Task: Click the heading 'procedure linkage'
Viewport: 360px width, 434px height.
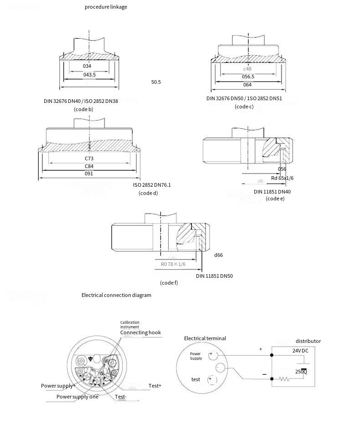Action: pos(106,7)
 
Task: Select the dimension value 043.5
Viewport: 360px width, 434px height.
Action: pos(89,75)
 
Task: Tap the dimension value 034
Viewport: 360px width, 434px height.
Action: pos(87,66)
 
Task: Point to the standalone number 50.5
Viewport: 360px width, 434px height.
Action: pos(156,82)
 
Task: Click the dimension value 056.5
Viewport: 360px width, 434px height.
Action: pos(248,77)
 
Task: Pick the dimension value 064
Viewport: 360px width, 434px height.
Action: pos(247,85)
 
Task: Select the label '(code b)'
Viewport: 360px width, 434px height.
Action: pos(83,109)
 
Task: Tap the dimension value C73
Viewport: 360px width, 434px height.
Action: pos(89,158)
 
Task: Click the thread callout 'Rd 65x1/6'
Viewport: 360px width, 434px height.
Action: pos(282,178)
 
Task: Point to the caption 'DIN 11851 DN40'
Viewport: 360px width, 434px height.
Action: pos(272,192)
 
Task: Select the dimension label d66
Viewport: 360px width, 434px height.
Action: pos(218,255)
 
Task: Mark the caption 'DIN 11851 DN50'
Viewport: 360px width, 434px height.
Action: pos(214,276)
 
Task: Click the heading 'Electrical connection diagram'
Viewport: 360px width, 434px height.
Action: pos(116,295)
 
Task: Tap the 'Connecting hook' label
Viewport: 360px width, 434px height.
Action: pos(140,332)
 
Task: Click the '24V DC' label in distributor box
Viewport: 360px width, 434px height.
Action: pos(300,351)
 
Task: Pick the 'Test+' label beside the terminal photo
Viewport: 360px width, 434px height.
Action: pos(155,386)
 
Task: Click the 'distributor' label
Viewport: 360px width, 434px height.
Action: pos(308,341)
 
